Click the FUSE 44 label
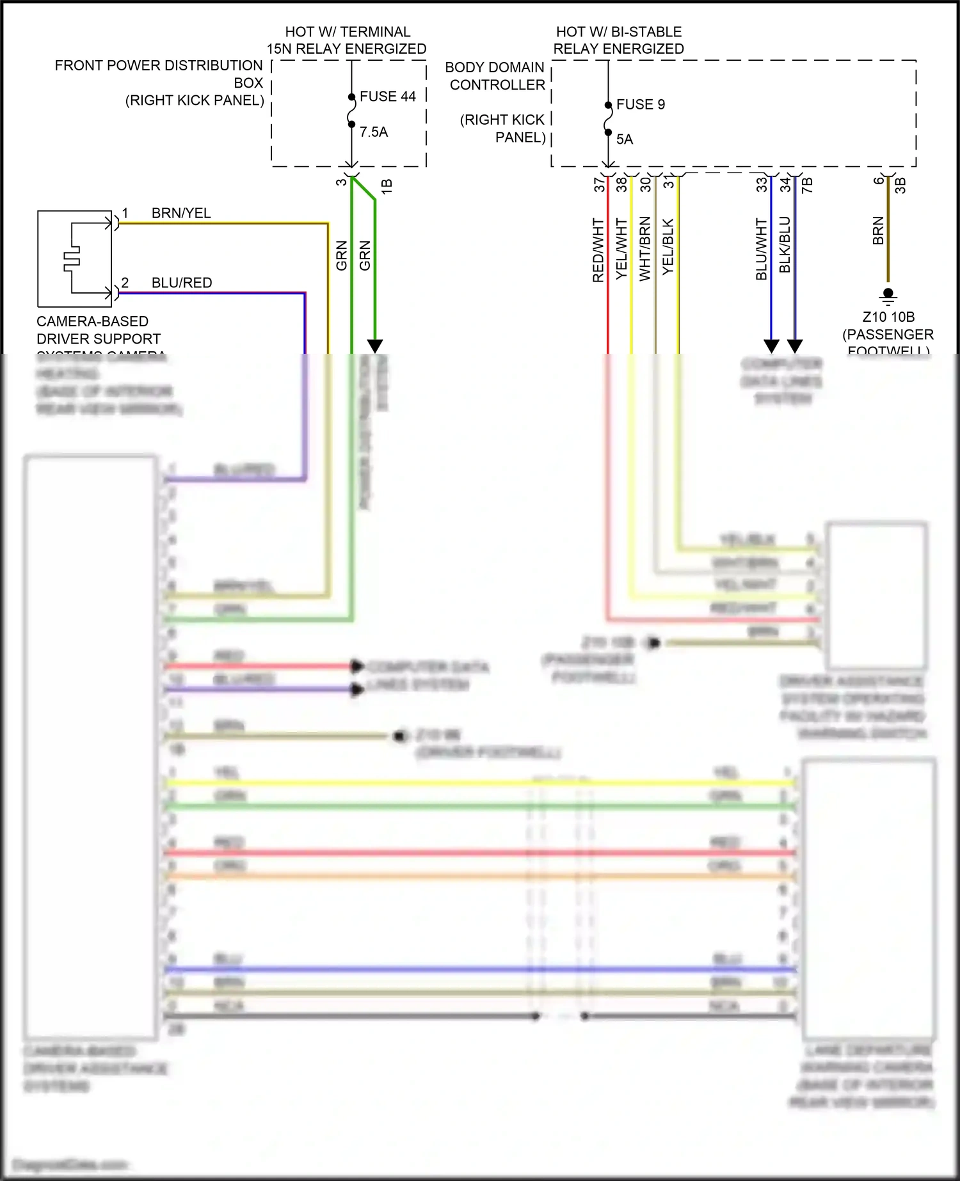coord(387,97)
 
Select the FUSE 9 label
coord(640,104)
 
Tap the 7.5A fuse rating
coord(374,132)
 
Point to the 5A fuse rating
coord(625,139)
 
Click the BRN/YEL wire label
coord(181,213)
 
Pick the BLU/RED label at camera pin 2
coord(182,283)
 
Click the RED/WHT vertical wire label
coord(598,250)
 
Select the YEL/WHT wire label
coord(621,249)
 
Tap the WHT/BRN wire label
coord(645,249)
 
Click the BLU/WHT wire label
coord(762,249)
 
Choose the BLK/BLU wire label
coord(785,245)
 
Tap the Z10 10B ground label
coord(888,317)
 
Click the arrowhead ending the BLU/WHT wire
coord(771,346)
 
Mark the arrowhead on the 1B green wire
coord(375,346)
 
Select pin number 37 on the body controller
coord(599,185)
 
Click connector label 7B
coord(808,185)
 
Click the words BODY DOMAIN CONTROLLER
coord(496,76)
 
